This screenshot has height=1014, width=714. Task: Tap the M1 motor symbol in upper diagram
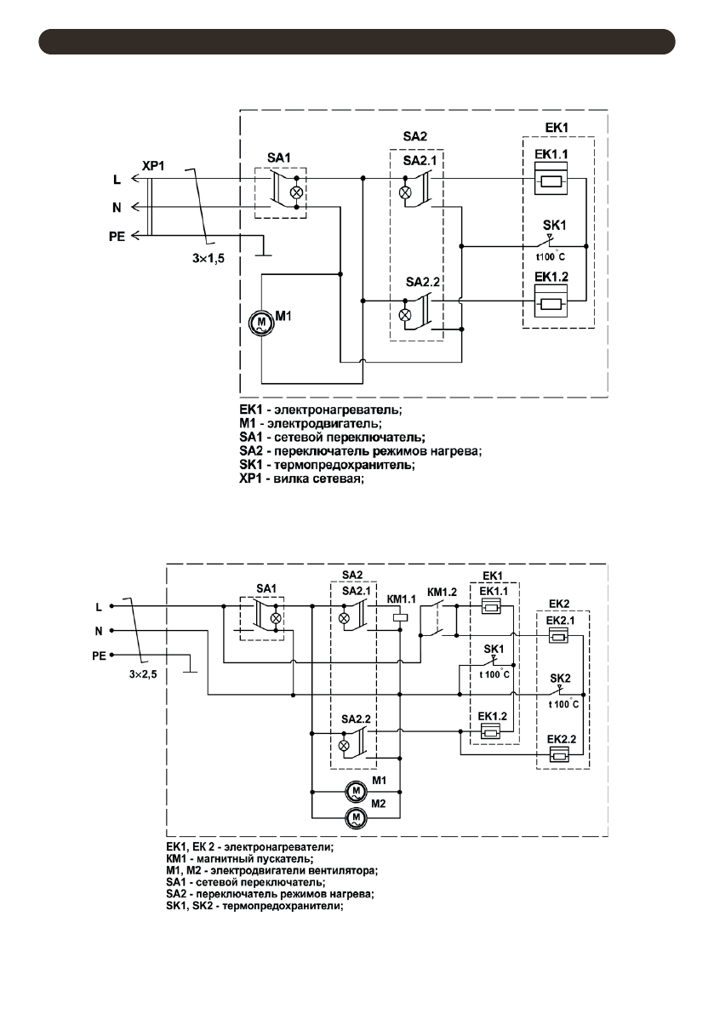pyautogui.click(x=258, y=324)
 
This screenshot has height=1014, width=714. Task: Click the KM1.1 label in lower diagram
pyautogui.click(x=399, y=597)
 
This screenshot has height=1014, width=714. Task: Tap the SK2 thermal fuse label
pyautogui.click(x=559, y=678)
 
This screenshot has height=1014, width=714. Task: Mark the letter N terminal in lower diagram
pyautogui.click(x=100, y=632)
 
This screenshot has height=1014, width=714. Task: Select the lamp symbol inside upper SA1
pyautogui.click(x=297, y=192)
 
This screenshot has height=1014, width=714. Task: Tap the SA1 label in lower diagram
pyautogui.click(x=267, y=589)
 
